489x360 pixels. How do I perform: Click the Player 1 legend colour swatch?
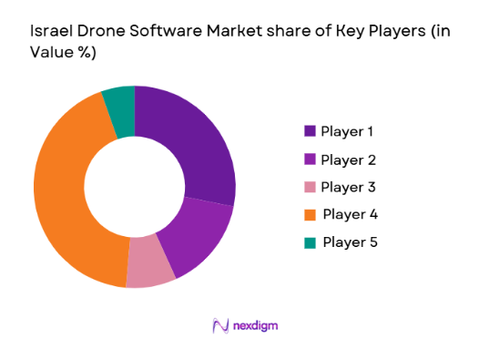(311, 132)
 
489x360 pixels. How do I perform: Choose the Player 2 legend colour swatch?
(311, 159)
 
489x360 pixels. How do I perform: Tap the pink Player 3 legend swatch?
(311, 187)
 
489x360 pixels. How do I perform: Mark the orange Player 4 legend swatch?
(311, 214)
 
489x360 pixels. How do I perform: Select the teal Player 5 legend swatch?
(311, 242)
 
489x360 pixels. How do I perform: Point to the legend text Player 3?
(349, 187)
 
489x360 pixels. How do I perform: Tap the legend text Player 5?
(349, 242)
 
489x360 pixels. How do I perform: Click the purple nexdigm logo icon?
(220, 325)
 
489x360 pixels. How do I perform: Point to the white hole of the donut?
(135, 187)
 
